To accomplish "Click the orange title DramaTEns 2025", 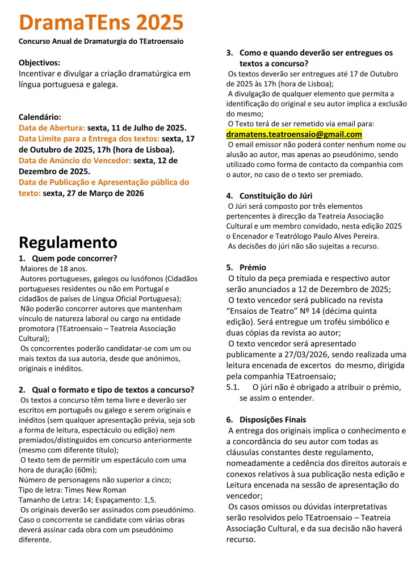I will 101,23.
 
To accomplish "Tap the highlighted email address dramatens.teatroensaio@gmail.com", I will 294,134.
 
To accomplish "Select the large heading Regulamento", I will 68,242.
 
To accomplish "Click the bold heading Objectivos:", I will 39,62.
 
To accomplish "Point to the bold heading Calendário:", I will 40,117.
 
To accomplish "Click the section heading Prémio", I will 253,267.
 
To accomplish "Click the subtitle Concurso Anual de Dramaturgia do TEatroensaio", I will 101,41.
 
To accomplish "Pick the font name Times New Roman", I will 98,490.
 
